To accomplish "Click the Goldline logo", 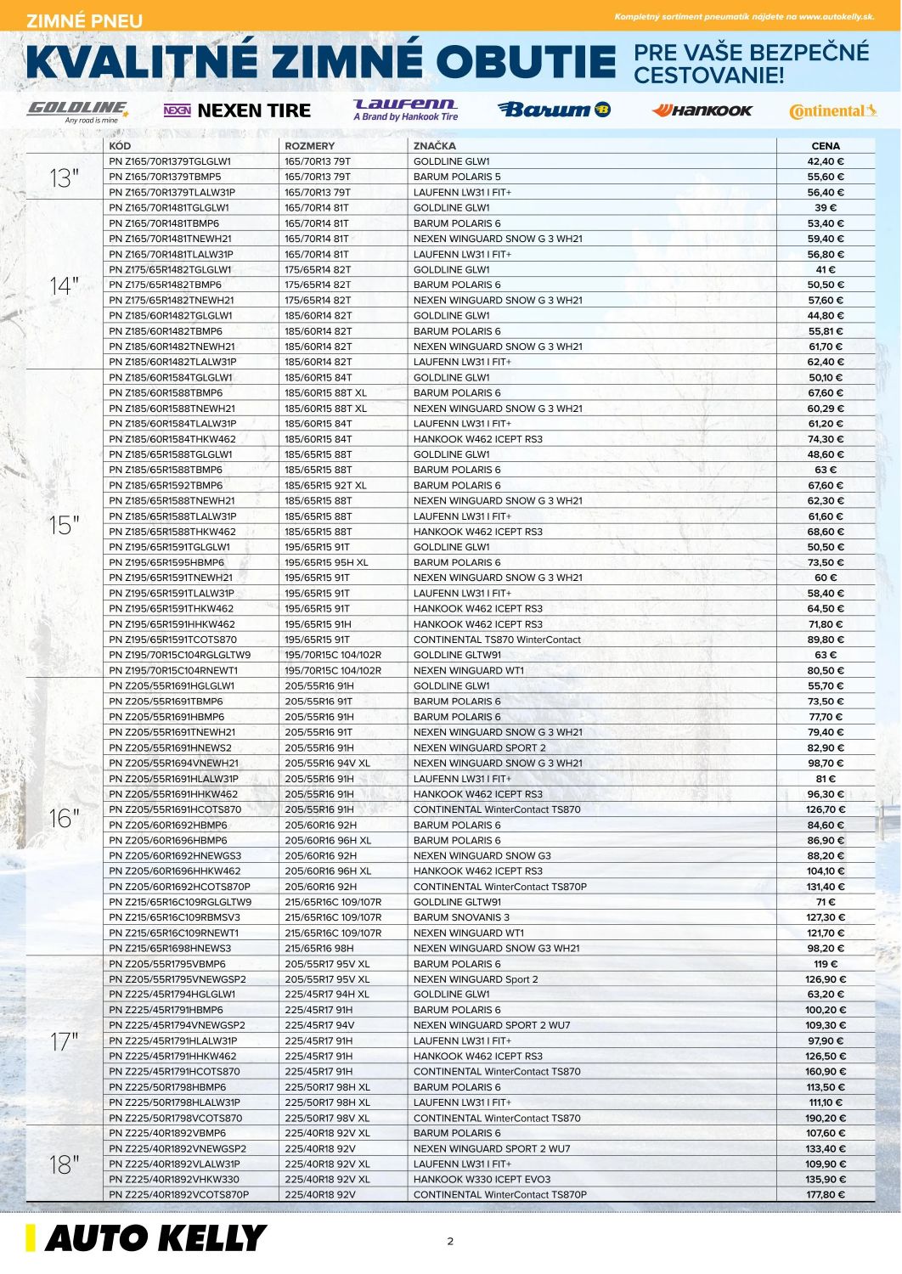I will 77,110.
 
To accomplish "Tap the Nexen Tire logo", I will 237,110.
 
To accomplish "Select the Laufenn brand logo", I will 405,110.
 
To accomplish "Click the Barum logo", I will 554,110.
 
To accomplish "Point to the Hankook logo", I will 702,110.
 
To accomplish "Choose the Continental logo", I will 832,111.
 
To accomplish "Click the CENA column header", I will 825,146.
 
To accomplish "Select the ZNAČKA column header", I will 435,146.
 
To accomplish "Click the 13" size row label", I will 64,178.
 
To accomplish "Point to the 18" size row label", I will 64,1164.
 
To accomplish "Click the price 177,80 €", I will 826,1195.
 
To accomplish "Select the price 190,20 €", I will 826,1119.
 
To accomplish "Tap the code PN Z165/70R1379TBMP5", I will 165,178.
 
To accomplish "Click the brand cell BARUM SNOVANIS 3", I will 461,917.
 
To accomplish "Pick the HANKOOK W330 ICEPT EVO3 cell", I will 482,1180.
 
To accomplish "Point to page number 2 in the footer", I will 450,1242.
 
